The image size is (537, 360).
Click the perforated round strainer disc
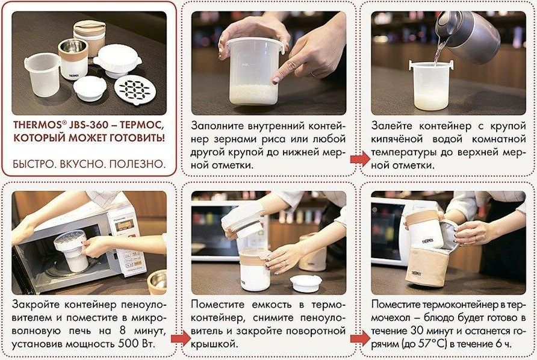point(135,90)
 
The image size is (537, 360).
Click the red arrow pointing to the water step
point(360,159)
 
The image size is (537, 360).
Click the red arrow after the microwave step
point(181,338)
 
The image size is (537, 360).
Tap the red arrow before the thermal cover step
point(360,338)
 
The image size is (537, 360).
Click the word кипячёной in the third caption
point(397,139)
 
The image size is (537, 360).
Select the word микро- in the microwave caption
point(150,318)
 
